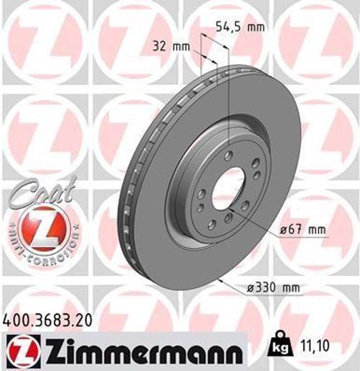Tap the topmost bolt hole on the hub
[x=228, y=156]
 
